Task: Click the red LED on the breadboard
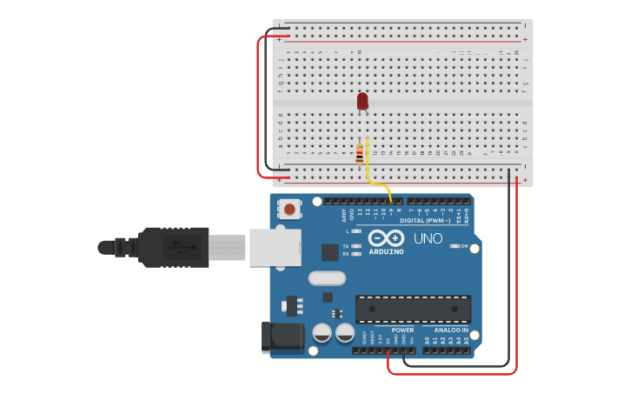[362, 101]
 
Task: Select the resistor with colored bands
[360, 155]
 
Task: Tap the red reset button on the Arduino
[289, 209]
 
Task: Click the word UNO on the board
[428, 238]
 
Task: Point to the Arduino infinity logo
[386, 237]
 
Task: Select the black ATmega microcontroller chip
[413, 309]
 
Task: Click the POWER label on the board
[402, 331]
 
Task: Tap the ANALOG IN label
[451, 331]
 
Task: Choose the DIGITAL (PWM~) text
[425, 220]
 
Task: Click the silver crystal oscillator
[327, 278]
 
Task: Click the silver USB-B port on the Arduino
[275, 247]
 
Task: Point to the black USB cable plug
[174, 247]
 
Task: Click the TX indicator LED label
[346, 246]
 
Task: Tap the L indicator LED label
[348, 231]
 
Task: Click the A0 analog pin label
[427, 340]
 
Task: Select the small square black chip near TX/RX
[329, 252]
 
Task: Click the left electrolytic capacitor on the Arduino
[322, 333]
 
